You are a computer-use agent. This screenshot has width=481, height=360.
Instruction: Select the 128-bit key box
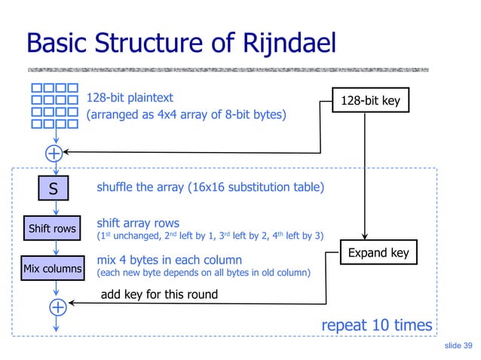370,100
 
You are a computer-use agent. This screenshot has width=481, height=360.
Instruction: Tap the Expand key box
378,252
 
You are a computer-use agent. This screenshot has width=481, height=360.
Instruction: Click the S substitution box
54,190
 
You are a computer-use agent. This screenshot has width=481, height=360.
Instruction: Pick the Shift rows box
52,228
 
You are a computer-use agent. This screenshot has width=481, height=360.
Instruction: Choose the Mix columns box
53,267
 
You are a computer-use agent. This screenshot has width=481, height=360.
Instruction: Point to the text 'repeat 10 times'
376,325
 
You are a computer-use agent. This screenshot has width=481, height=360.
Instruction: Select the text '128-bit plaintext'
130,98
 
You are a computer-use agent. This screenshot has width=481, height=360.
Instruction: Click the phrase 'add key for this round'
159,294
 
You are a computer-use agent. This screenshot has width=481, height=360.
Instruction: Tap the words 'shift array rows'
138,223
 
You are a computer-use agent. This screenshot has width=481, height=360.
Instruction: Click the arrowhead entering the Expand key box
365,236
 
